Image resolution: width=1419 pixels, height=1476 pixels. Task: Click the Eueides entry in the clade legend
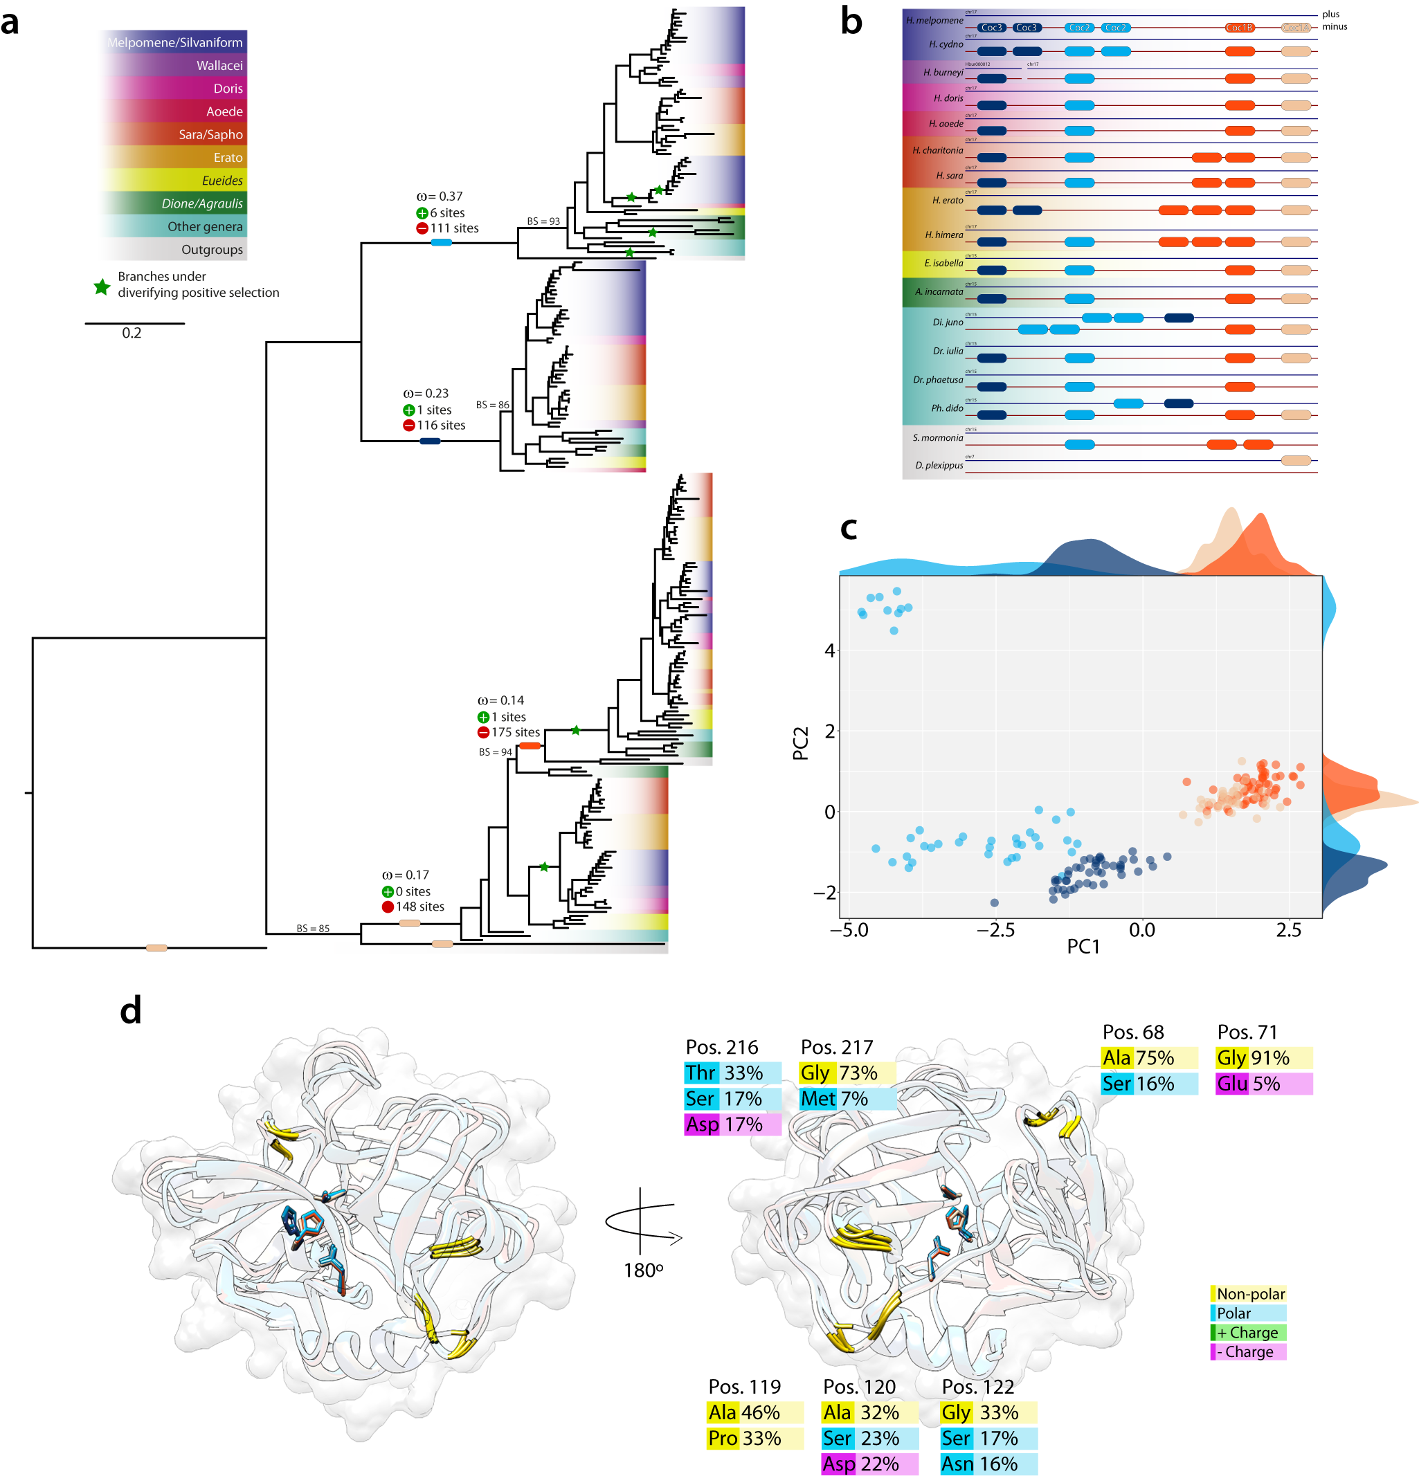coord(222,181)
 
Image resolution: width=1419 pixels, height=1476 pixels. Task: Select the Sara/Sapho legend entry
coord(210,135)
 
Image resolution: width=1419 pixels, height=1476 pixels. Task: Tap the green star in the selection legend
coord(102,287)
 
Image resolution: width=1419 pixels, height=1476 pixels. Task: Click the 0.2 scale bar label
coord(131,333)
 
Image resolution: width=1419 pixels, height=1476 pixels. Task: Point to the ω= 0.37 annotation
coord(439,197)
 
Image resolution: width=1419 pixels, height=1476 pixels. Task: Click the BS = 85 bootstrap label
coord(313,929)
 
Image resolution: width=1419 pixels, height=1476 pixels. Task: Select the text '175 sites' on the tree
coord(515,732)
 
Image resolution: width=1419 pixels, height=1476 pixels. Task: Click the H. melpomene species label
coord(934,20)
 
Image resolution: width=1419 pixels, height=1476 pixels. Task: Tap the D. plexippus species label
coord(939,466)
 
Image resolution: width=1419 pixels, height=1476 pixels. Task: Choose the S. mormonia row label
coord(937,437)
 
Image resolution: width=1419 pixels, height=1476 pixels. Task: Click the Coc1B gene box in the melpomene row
coord(1239,28)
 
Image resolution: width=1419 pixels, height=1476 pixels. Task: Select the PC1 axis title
coord(1083,947)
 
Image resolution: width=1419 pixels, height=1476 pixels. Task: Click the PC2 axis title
coord(801,743)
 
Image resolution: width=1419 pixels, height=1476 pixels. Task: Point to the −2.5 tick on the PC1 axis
coord(995,930)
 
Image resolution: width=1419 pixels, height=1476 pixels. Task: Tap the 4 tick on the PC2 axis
coord(829,650)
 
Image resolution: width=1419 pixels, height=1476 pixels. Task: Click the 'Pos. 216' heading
coord(721,1047)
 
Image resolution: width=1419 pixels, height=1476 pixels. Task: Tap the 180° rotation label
coord(643,1270)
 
